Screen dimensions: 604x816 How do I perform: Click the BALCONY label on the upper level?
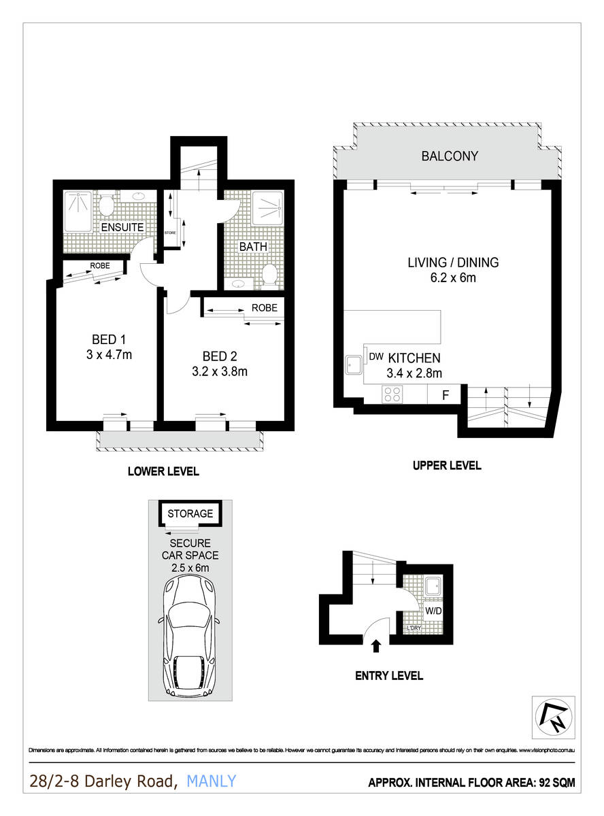[x=450, y=156]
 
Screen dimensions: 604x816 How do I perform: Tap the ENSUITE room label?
[x=122, y=227]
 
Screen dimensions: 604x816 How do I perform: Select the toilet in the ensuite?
[x=106, y=203]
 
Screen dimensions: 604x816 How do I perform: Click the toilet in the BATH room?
[x=270, y=274]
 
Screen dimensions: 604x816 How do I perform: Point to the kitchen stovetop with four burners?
[x=391, y=394]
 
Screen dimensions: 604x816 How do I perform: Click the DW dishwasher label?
[x=375, y=356]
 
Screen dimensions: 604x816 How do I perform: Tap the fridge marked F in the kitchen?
[x=444, y=394]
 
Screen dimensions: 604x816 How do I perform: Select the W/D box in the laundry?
[x=433, y=611]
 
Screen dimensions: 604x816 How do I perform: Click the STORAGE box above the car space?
[x=190, y=513]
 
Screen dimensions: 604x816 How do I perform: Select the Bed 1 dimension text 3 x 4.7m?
[x=109, y=354]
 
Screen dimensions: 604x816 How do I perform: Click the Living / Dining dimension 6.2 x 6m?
[x=453, y=277]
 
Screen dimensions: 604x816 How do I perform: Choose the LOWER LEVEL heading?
[x=163, y=471]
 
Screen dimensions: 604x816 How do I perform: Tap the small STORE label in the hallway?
[x=170, y=233]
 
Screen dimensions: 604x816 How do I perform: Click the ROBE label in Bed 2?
[x=265, y=307]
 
